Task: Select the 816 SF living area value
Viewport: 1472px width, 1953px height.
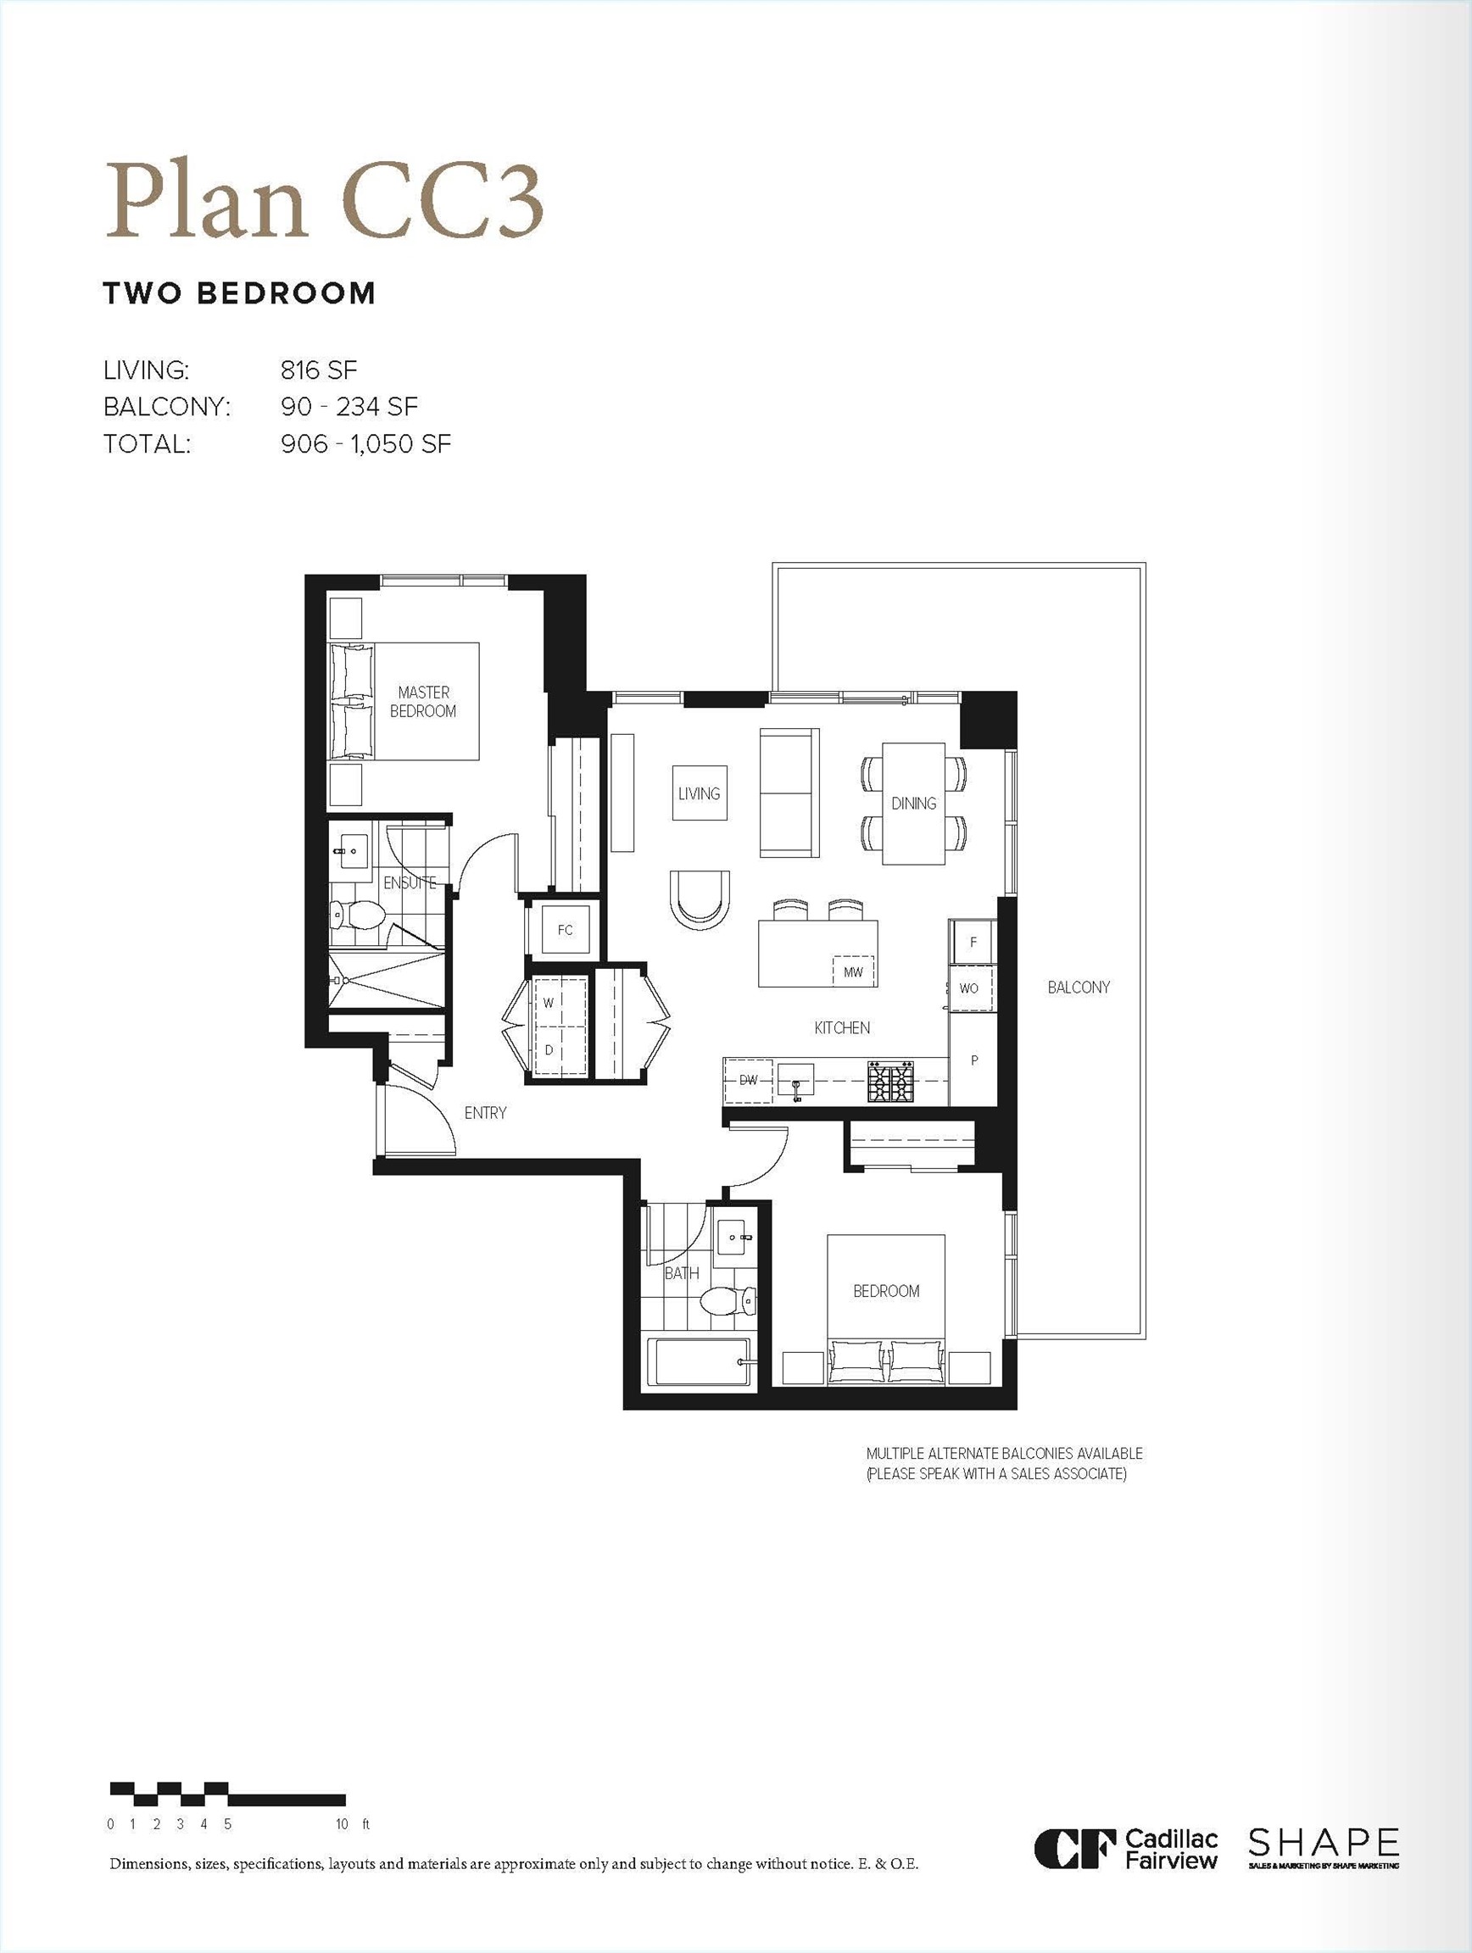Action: (x=318, y=370)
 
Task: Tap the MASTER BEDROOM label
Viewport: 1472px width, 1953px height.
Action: (x=423, y=702)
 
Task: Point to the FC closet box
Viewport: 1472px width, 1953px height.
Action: (x=565, y=930)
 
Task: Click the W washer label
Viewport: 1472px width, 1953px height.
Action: (x=549, y=1003)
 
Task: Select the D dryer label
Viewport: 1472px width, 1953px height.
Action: (x=549, y=1050)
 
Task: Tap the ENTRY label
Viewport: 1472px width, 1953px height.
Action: (x=485, y=1113)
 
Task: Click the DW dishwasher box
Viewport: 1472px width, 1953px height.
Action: (x=748, y=1080)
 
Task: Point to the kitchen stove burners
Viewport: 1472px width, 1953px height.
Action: (x=890, y=1081)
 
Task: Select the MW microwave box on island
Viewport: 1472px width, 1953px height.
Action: (x=853, y=972)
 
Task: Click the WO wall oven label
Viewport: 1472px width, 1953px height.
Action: (x=968, y=988)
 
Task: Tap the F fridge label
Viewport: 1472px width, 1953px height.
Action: (x=973, y=942)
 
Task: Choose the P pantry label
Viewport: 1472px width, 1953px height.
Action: (x=974, y=1060)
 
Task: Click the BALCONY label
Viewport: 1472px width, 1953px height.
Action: (x=1079, y=987)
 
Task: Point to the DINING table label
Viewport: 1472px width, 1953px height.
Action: (x=913, y=804)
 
